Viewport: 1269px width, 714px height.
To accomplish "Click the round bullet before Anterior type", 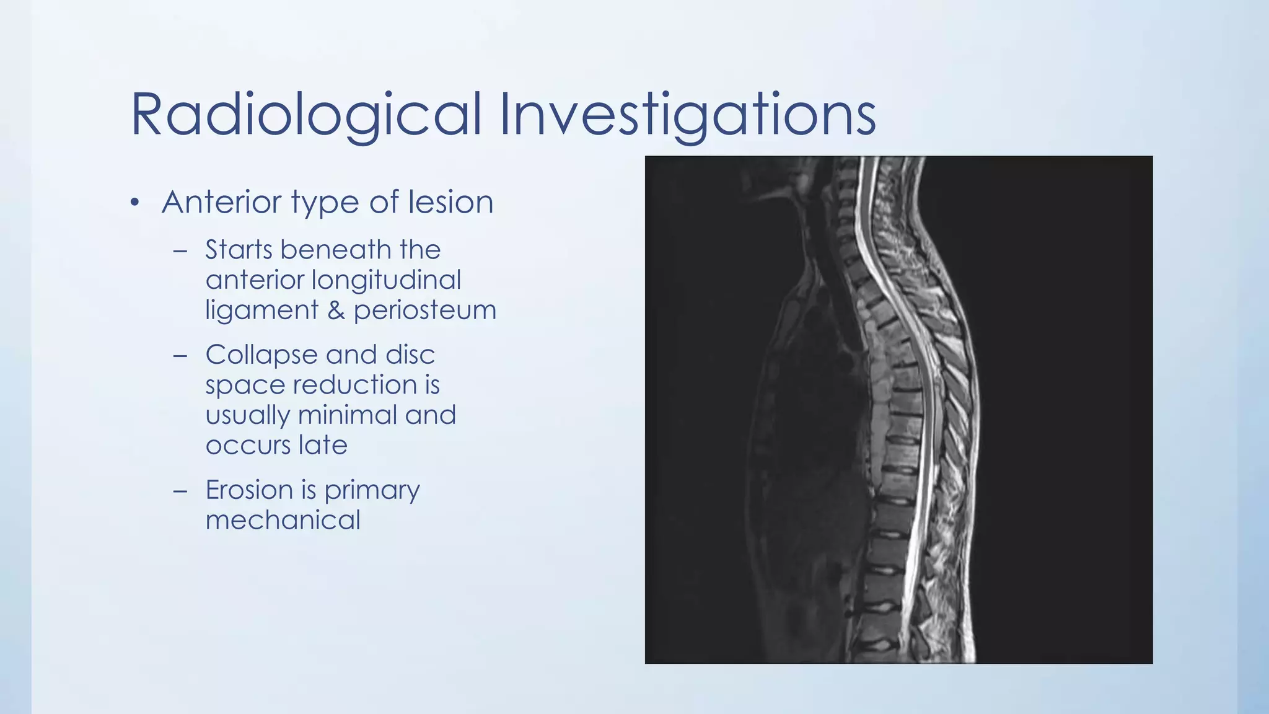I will (135, 203).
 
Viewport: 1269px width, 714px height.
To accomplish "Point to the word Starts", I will (239, 250).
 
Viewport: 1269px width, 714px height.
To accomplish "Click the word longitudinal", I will (386, 280).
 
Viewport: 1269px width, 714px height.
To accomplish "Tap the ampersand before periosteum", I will (336, 310).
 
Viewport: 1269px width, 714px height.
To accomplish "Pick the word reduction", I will (355, 385).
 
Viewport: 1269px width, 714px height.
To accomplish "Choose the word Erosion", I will (249, 490).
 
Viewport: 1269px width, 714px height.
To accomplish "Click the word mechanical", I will (283, 520).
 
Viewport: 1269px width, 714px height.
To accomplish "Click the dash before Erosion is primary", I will (180, 491).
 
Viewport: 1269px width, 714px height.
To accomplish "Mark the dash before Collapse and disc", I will (180, 356).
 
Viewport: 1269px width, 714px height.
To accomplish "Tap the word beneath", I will (335, 250).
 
